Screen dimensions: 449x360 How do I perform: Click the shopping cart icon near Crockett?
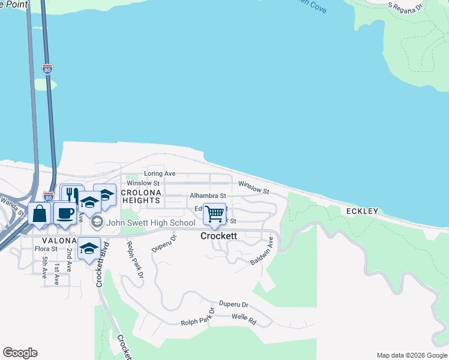point(214,213)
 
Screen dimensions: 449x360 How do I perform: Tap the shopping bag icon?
point(39,213)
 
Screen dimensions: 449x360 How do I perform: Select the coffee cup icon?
point(65,213)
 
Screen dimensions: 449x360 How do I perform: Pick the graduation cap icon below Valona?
point(89,248)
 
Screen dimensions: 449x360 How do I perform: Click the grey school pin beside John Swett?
point(96,223)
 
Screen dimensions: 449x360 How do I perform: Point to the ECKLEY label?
point(362,211)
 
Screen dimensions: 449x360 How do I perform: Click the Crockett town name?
point(218,236)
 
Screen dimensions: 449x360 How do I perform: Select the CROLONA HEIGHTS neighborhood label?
point(142,196)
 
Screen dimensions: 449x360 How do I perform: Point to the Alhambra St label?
point(208,196)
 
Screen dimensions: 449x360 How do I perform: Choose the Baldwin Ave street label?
point(262,251)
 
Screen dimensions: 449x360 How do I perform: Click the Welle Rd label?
point(244,319)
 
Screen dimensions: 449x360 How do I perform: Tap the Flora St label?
point(46,248)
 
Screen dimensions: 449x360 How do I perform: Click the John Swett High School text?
point(151,223)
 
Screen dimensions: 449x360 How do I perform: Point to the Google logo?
point(20,353)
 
